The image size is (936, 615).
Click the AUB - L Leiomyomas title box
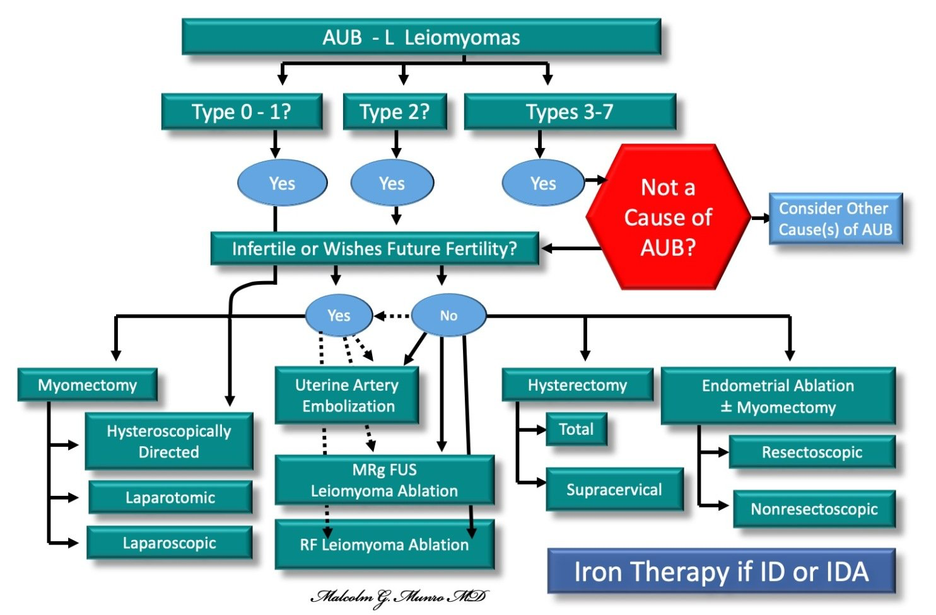(421, 37)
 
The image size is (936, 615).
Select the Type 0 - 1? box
(242, 112)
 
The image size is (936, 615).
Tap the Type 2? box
(395, 112)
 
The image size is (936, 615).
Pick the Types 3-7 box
(570, 112)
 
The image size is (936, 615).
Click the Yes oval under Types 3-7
(543, 183)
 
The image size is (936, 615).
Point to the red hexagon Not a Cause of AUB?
(668, 217)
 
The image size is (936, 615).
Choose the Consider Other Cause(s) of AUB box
(836, 219)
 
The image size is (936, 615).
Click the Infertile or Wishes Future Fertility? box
(375, 249)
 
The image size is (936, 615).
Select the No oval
(449, 315)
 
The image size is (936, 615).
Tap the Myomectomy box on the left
(87, 384)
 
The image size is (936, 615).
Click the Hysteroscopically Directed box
(169, 441)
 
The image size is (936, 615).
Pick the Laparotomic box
(170, 497)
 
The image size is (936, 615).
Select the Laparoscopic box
(169, 543)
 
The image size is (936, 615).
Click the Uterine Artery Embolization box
(346, 395)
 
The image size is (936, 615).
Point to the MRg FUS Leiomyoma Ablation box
(385, 480)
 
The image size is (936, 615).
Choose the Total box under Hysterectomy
(576, 428)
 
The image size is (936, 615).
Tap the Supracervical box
(614, 489)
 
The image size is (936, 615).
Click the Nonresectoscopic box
(814, 509)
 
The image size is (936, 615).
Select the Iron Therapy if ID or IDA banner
(721, 571)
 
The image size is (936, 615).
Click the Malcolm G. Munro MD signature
(399, 597)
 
